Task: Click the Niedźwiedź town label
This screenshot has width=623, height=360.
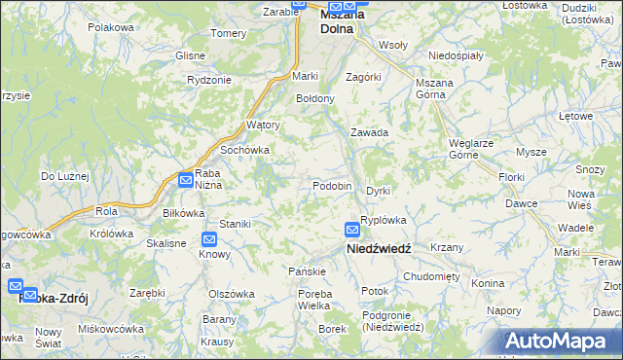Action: click(380, 248)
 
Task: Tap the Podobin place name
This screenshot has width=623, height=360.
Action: click(332, 186)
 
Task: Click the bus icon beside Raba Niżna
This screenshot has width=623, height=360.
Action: click(185, 178)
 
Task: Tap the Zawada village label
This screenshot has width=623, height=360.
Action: click(370, 132)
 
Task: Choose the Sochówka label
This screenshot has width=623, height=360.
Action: click(244, 151)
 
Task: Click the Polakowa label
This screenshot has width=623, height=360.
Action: click(110, 27)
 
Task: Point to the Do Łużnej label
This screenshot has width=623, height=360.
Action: click(64, 176)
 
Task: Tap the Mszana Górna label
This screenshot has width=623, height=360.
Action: click(435, 90)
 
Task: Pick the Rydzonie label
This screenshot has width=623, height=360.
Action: click(209, 80)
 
